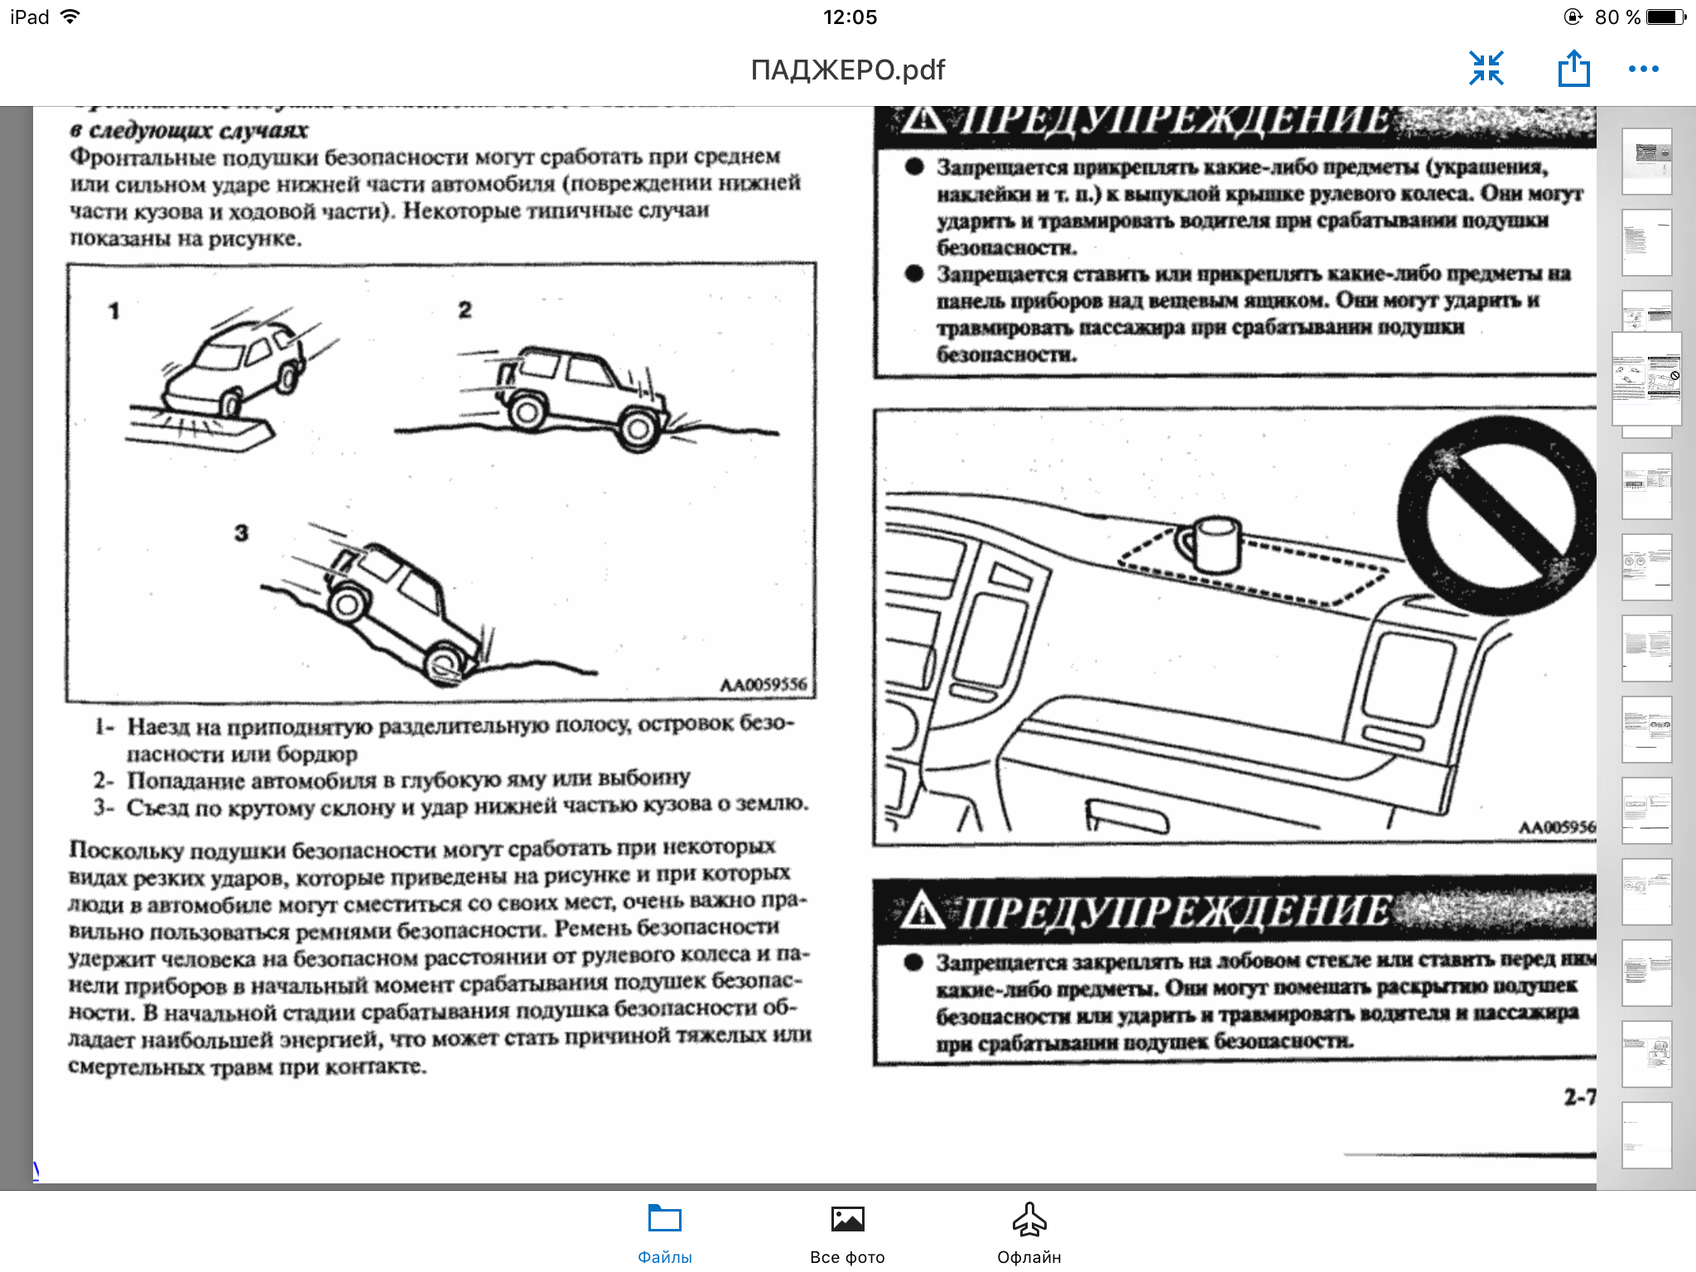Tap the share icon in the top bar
1573,69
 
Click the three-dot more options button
1643,69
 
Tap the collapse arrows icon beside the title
1486,69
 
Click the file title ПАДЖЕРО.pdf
847,70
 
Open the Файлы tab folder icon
664,1219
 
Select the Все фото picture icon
847,1219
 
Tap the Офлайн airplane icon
1029,1219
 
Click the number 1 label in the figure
114,311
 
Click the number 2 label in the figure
465,310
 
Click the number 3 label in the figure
241,532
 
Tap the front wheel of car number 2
638,429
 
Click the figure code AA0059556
763,685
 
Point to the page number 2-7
1578,1097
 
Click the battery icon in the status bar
1666,17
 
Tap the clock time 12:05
850,17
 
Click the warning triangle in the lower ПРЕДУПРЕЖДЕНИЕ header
922,912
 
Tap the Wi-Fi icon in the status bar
71,17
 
